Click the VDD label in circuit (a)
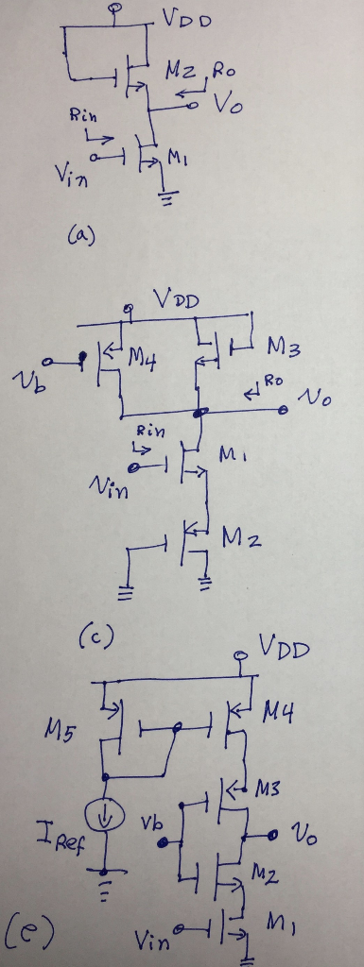pyautogui.click(x=187, y=21)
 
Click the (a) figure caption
pyautogui.click(x=82, y=236)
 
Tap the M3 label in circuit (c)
pyautogui.click(x=284, y=349)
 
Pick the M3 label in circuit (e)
pyautogui.click(x=268, y=789)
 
